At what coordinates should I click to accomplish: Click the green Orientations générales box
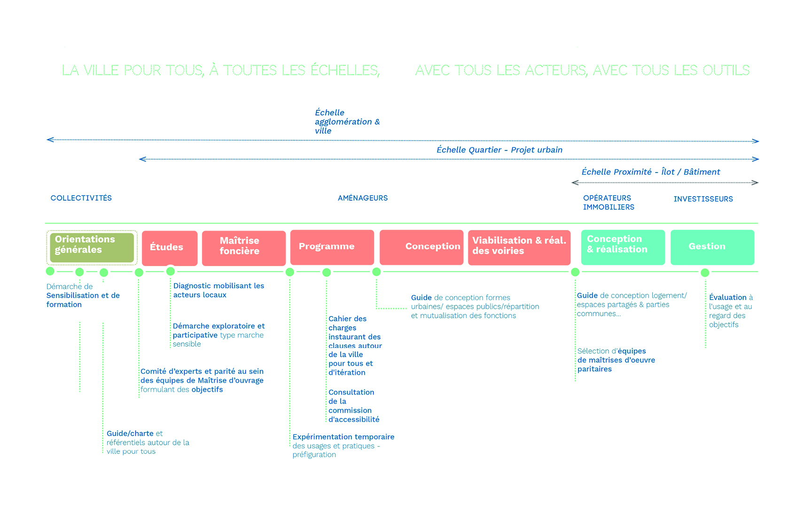click(92, 247)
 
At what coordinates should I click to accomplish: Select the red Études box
click(169, 248)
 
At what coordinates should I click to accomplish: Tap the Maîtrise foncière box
click(243, 248)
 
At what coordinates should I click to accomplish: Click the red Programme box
click(332, 247)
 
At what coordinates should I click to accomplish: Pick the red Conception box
click(421, 247)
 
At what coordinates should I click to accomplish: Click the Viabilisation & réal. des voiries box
click(519, 247)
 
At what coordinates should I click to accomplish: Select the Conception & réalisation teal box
click(623, 247)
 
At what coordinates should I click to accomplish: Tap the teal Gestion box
click(712, 247)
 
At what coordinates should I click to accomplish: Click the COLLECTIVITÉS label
click(81, 198)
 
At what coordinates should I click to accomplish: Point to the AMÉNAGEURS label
click(363, 198)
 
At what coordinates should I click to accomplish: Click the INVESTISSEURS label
click(703, 199)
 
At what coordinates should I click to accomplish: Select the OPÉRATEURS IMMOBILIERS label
click(609, 203)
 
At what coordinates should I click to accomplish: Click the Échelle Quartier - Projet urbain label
click(499, 150)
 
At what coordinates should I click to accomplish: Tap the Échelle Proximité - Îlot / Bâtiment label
click(650, 172)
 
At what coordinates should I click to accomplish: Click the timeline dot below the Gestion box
click(705, 272)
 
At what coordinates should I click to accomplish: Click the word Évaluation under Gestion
click(727, 297)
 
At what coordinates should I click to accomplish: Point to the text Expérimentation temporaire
click(343, 437)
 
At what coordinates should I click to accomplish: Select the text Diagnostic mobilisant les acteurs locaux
click(218, 290)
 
